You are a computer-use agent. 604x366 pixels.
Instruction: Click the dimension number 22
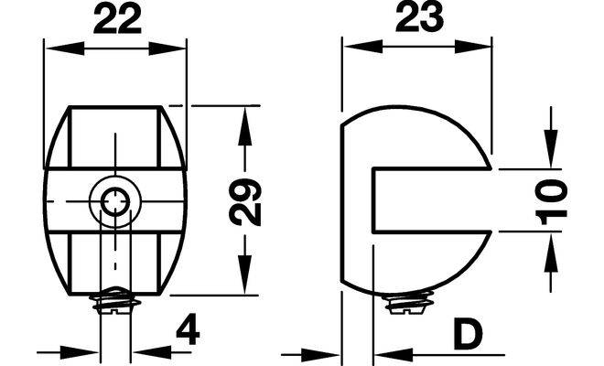pyautogui.click(x=117, y=20)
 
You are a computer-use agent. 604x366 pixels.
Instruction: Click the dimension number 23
pyautogui.click(x=419, y=18)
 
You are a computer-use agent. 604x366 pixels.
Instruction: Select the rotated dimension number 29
pyautogui.click(x=245, y=202)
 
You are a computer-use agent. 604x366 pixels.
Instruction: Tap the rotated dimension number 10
pyautogui.click(x=551, y=202)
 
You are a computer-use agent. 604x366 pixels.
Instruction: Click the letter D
pyautogui.click(x=468, y=335)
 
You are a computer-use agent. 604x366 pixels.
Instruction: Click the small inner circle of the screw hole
pyautogui.click(x=115, y=201)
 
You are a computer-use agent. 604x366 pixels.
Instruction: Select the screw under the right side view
pyautogui.click(x=409, y=303)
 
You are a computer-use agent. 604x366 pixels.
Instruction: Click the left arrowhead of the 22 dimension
pyautogui.click(x=65, y=48)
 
